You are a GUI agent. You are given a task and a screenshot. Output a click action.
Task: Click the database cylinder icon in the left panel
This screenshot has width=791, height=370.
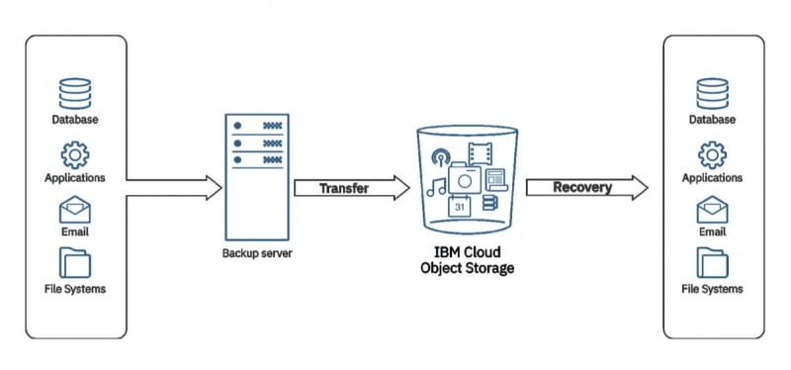75,93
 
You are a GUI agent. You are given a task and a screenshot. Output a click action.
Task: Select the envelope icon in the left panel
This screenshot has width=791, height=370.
75,211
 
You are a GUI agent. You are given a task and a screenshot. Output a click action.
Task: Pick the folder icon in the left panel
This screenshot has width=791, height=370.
75,264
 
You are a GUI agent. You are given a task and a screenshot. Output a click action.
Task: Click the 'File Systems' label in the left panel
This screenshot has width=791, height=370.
75,290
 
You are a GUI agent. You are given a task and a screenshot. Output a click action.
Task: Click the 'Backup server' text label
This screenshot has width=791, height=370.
256,254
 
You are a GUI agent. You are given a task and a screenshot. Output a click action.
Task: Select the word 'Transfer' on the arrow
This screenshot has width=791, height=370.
343,188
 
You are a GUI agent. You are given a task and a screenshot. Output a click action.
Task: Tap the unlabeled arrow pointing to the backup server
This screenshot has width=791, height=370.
174,186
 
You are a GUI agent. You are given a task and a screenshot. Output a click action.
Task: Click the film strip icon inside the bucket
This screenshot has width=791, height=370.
481,152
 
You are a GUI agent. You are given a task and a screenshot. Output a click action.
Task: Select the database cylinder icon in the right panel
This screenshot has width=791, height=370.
712,93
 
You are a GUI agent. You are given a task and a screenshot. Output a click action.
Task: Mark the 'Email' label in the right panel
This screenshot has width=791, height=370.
712,232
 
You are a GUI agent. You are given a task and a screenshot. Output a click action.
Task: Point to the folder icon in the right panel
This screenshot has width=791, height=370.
712,264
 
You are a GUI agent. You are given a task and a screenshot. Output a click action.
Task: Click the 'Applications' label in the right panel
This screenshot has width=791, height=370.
712,178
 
